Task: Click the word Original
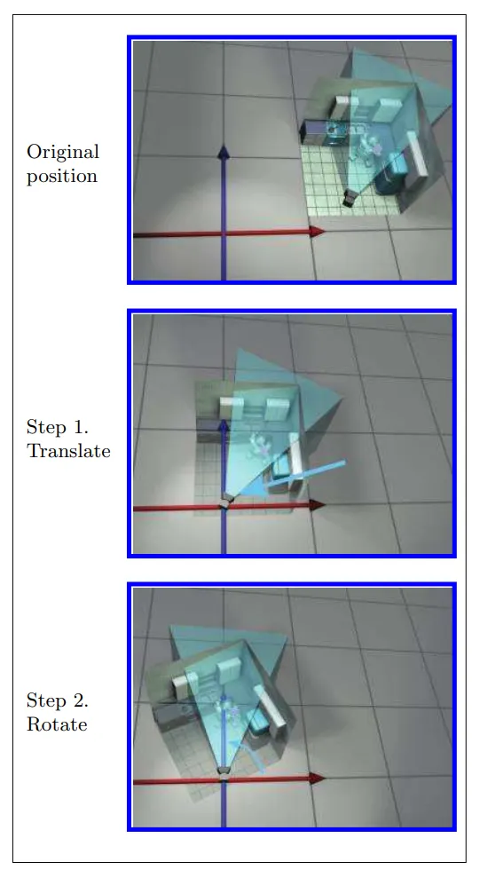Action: point(63,152)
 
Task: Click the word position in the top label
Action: point(62,176)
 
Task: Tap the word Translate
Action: point(68,451)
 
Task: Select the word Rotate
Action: point(57,724)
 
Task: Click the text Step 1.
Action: point(58,427)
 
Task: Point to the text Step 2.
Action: point(58,700)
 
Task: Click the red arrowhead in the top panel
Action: point(318,232)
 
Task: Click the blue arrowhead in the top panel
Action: point(224,152)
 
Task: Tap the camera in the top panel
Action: point(350,198)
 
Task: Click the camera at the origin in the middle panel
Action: point(225,500)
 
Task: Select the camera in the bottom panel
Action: point(224,771)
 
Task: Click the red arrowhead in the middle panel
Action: point(318,505)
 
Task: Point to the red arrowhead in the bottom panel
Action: point(318,779)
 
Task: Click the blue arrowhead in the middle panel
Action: point(224,426)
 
